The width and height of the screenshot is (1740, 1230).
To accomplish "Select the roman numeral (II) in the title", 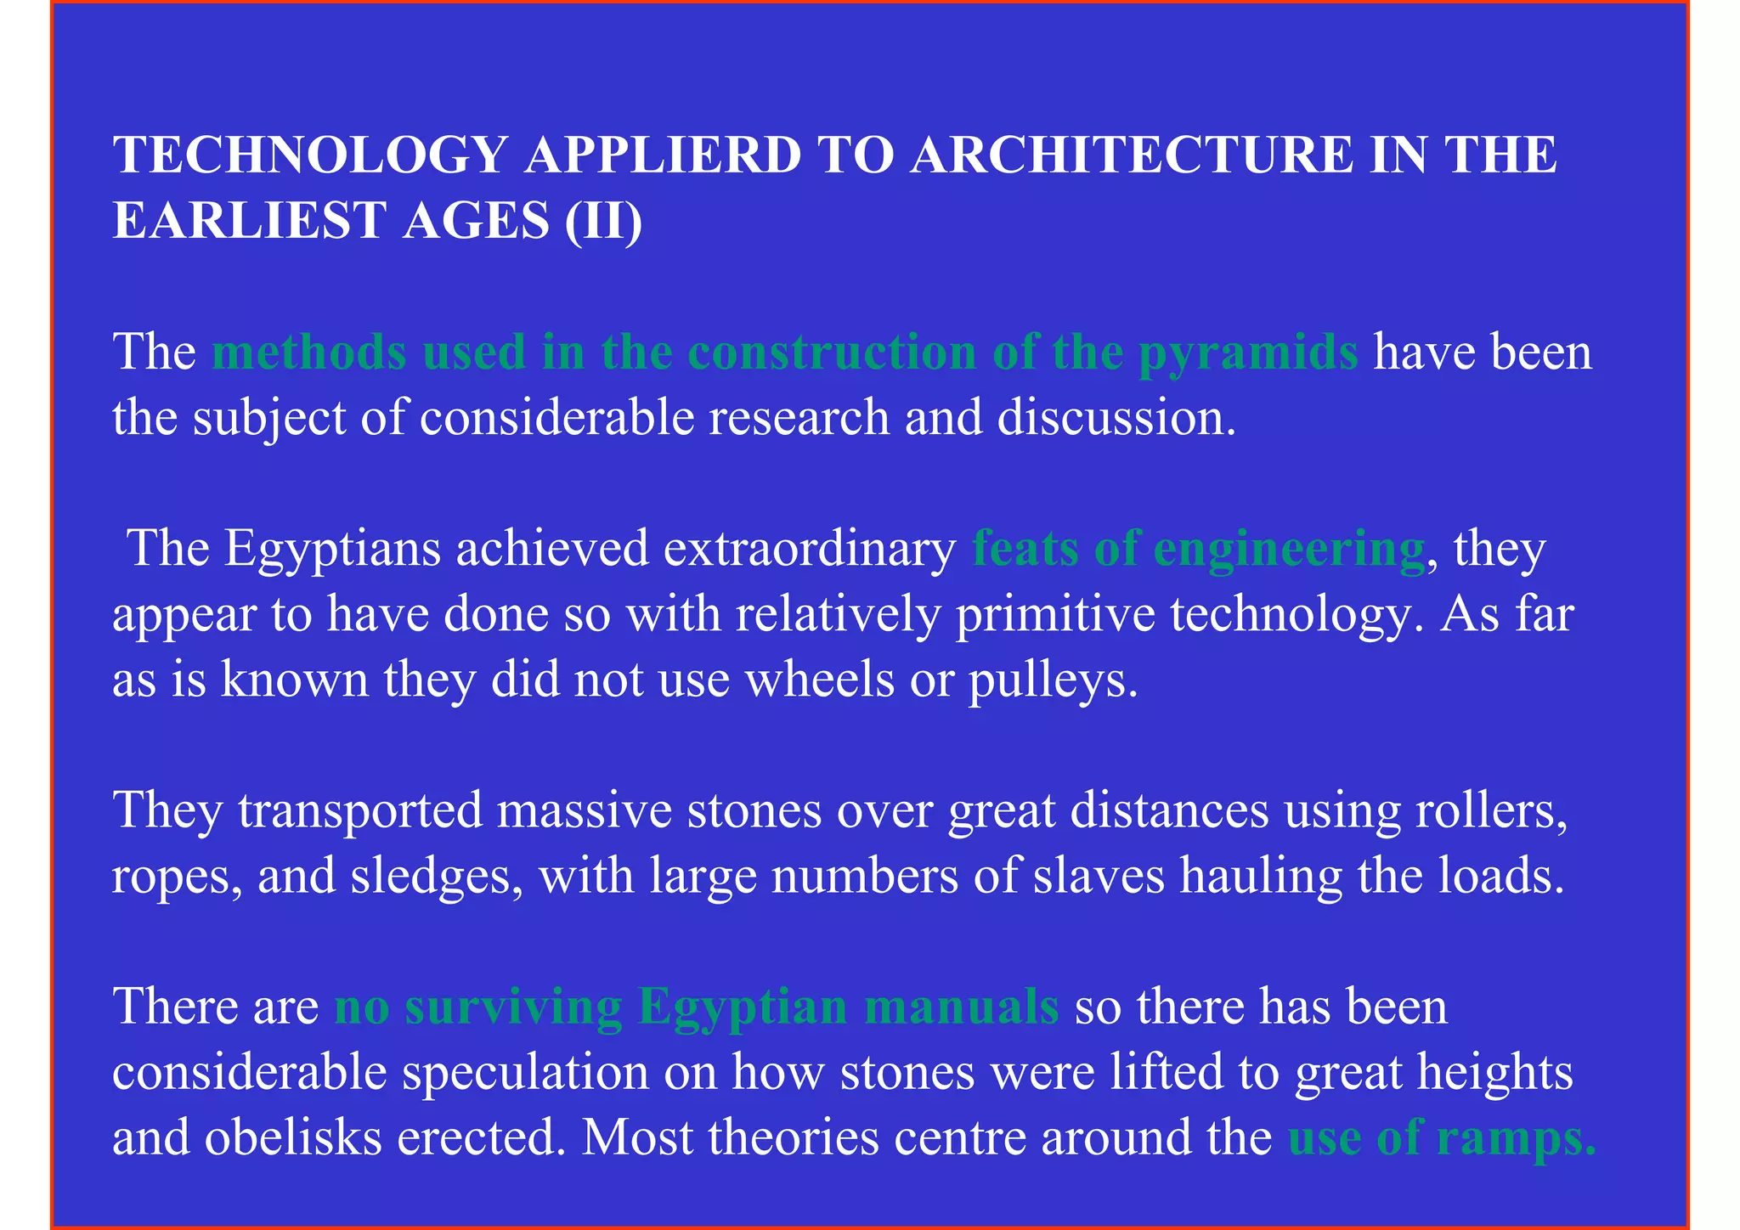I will [x=603, y=221].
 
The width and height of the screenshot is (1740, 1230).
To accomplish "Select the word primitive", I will [x=1054, y=614].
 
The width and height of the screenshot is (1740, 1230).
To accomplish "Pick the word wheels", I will [x=819, y=680].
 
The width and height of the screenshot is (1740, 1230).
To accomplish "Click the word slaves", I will [x=1099, y=877].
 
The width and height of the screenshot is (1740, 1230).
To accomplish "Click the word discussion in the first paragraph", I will [x=1116, y=418].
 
